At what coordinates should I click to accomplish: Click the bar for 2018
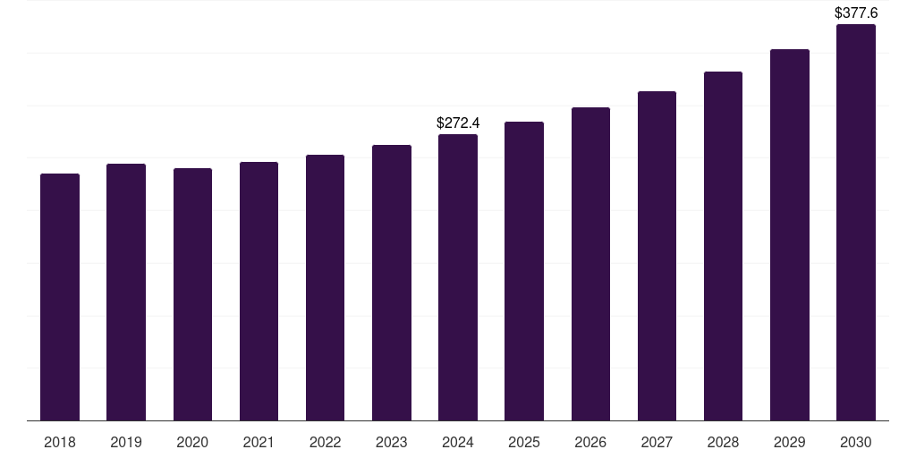[60, 297]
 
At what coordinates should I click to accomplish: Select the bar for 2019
[126, 293]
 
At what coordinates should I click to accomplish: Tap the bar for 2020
[193, 294]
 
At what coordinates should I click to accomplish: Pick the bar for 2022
[325, 287]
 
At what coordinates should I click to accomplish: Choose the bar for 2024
[458, 277]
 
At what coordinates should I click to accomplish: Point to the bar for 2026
[590, 264]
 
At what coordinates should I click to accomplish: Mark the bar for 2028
[723, 246]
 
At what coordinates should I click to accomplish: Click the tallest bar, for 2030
[856, 223]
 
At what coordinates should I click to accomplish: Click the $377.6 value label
[856, 13]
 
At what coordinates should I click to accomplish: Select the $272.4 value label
[458, 123]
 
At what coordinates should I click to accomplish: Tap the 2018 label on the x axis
[60, 442]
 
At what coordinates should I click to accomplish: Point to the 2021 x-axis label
[259, 442]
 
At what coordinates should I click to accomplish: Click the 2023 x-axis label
[392, 442]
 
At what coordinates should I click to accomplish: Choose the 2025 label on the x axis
[524, 442]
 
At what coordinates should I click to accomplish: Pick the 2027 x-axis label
[657, 442]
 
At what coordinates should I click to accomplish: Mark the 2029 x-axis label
[789, 442]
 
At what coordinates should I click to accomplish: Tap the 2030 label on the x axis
[856, 442]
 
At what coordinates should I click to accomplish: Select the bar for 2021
[259, 291]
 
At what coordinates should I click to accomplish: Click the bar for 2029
[790, 235]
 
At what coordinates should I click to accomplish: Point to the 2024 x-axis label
[458, 442]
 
